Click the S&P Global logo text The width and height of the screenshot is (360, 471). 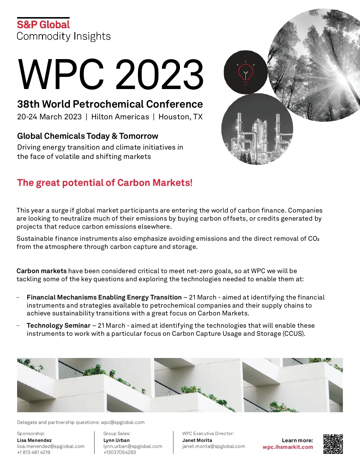coord(43,25)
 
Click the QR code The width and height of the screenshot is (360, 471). coord(333,444)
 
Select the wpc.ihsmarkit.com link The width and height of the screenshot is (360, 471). coord(288,447)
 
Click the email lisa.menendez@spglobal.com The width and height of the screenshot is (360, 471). coord(51,446)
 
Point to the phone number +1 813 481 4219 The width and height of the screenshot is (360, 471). coord(34,452)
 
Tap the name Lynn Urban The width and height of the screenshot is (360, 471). coord(116,440)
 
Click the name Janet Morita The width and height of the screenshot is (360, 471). coord(197,440)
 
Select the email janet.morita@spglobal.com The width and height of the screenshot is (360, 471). coord(214,446)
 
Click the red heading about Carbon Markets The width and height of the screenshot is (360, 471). coord(105,183)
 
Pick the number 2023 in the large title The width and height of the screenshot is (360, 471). coord(160,75)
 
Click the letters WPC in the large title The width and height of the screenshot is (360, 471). coord(61,75)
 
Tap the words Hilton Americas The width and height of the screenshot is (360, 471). coord(120,117)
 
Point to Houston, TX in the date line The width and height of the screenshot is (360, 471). coord(181,117)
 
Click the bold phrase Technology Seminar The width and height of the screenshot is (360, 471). coord(58,325)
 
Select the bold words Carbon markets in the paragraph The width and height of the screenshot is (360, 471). coord(41,271)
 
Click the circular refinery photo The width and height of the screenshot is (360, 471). coord(257,130)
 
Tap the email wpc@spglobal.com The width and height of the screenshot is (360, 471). coord(122,422)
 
